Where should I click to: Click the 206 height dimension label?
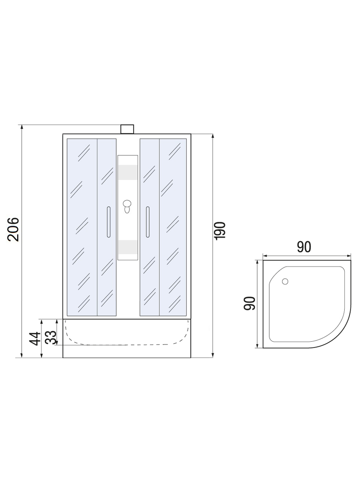point(13,229)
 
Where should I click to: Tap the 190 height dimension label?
point(220,231)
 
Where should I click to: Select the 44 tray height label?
point(35,339)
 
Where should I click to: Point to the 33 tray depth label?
point(51,337)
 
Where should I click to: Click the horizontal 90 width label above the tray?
point(304,247)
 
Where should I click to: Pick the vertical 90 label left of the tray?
point(249,303)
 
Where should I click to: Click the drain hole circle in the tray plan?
point(285,282)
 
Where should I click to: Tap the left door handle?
point(109,222)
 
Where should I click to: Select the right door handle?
point(148,222)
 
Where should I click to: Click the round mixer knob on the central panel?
point(127,204)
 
